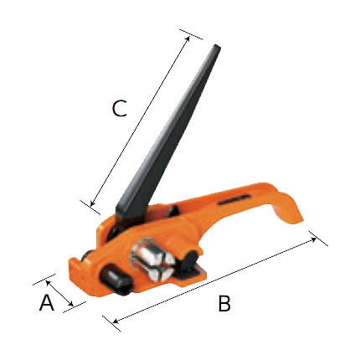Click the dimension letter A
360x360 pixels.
[x=47, y=302]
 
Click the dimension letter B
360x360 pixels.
[x=224, y=303]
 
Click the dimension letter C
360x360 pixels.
[x=120, y=108]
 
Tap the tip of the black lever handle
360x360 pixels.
[x=217, y=47]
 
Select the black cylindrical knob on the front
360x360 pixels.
[x=116, y=280]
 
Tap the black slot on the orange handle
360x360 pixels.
[x=234, y=199]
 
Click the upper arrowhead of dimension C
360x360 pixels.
[x=188, y=39]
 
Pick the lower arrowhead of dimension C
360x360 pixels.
[x=93, y=203]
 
